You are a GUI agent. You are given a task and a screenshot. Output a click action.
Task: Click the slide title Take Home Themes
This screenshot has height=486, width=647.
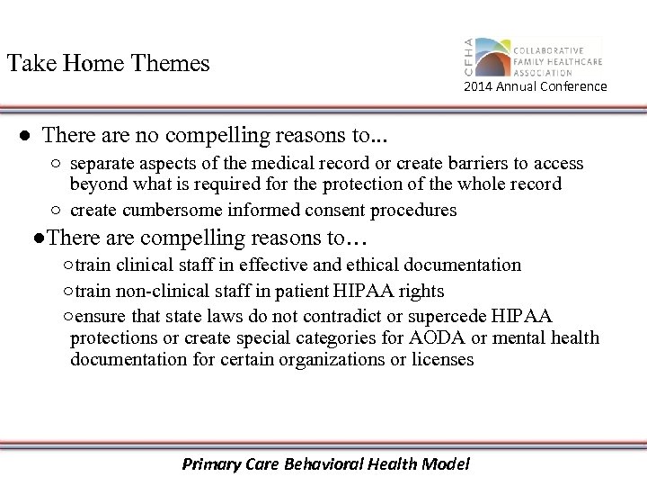click(x=108, y=64)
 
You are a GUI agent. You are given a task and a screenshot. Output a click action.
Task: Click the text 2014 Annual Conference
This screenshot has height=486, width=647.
click(x=536, y=86)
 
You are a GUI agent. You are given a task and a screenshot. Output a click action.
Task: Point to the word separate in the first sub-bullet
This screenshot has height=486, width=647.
click(x=102, y=164)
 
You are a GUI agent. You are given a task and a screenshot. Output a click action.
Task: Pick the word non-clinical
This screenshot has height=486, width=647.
click(x=147, y=291)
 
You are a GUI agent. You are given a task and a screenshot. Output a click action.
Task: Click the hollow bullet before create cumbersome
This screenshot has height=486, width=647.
click(x=56, y=211)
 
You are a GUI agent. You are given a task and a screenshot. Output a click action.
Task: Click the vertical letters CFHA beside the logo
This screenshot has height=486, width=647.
click(x=466, y=59)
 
